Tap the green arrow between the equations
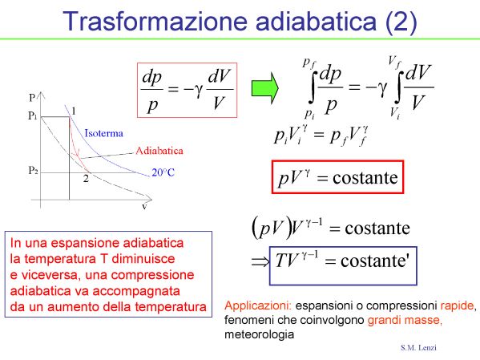point(264,88)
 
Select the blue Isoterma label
point(104,133)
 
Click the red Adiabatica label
point(159,151)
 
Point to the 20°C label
point(163,172)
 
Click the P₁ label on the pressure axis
point(32,115)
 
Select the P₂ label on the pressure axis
point(33,170)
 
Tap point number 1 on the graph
point(74,111)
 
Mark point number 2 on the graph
point(86,178)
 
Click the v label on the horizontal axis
point(144,207)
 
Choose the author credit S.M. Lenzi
point(418,347)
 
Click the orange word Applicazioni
point(258,305)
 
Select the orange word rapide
point(458,305)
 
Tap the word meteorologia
point(260,334)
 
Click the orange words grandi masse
point(405,320)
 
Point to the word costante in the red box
point(365,178)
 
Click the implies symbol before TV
point(260,262)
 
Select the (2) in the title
point(401,21)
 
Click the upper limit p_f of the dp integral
point(309,63)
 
